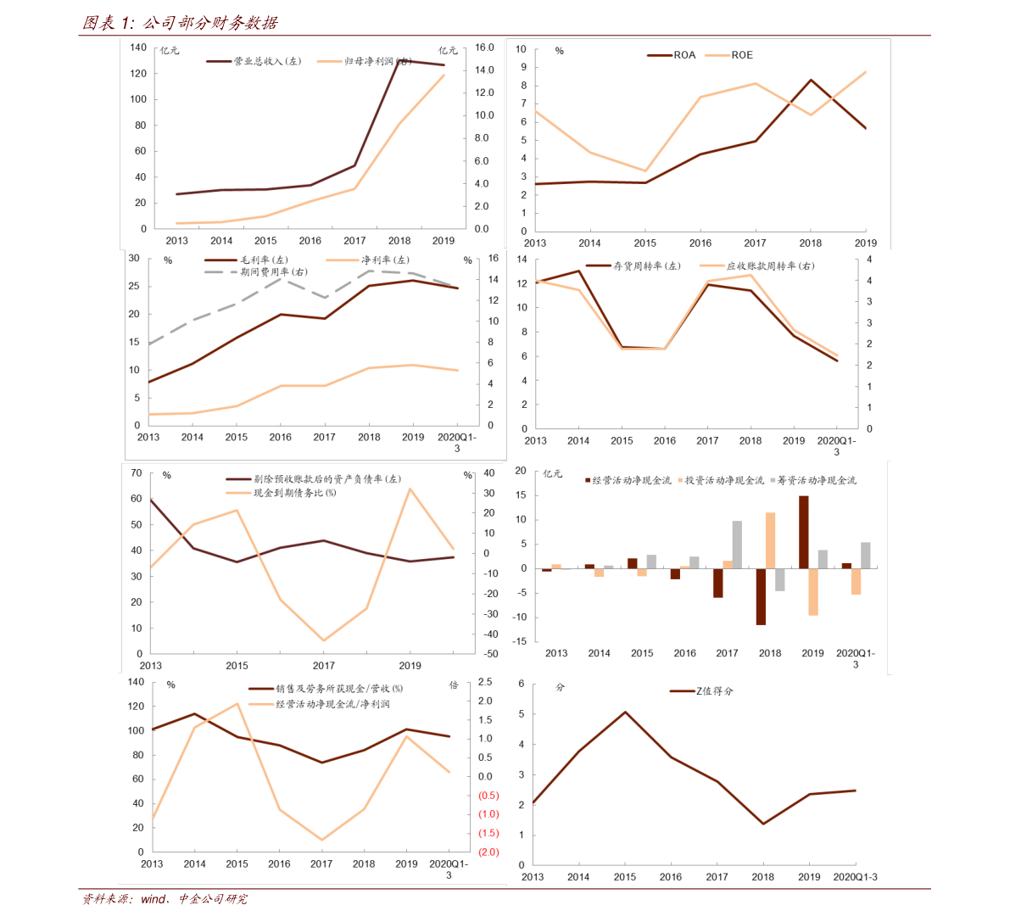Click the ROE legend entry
(x=729, y=55)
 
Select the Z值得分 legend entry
(x=701, y=691)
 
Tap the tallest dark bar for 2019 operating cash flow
(x=803, y=532)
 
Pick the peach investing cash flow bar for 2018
(x=770, y=540)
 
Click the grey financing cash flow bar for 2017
(x=737, y=545)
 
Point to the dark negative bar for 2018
(x=761, y=596)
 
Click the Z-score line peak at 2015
(x=625, y=712)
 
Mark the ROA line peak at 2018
(x=811, y=80)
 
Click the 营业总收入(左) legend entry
(x=254, y=61)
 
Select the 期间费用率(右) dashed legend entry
(x=256, y=272)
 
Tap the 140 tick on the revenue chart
(x=138, y=47)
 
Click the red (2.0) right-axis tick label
(x=488, y=852)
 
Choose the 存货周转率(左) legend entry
(x=633, y=265)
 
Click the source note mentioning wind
(x=165, y=899)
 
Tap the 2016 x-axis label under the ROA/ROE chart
(x=700, y=243)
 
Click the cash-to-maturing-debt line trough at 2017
(x=323, y=640)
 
